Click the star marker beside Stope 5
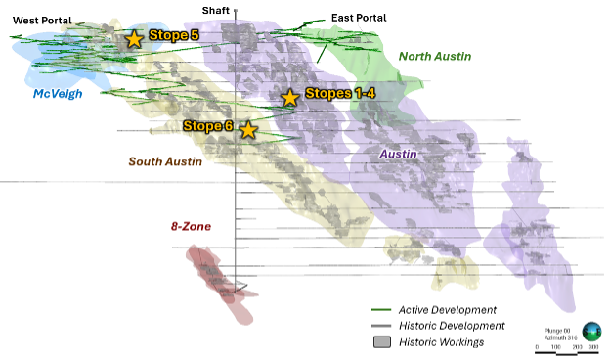[134, 38]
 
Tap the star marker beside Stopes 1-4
[289, 97]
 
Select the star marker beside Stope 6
[248, 129]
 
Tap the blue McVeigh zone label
[58, 94]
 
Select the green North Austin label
[435, 56]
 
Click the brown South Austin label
[165, 161]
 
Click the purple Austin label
[398, 154]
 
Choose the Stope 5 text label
[174, 35]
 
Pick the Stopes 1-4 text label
[339, 93]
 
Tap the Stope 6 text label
[208, 126]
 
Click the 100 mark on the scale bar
[557, 347]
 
